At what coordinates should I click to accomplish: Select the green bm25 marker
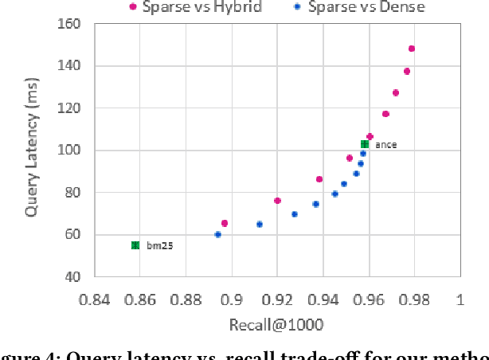[135, 245]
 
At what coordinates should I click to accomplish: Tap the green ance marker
[365, 144]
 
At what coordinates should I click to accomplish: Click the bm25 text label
[159, 246]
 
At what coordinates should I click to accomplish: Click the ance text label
[386, 145]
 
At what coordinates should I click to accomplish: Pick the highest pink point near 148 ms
[412, 49]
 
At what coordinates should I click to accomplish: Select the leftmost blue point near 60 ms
[217, 234]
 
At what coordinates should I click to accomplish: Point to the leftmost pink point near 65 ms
[225, 224]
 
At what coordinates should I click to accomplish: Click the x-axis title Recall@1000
[276, 324]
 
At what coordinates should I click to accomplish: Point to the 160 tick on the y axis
[71, 24]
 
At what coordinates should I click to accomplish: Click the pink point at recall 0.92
[277, 201]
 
